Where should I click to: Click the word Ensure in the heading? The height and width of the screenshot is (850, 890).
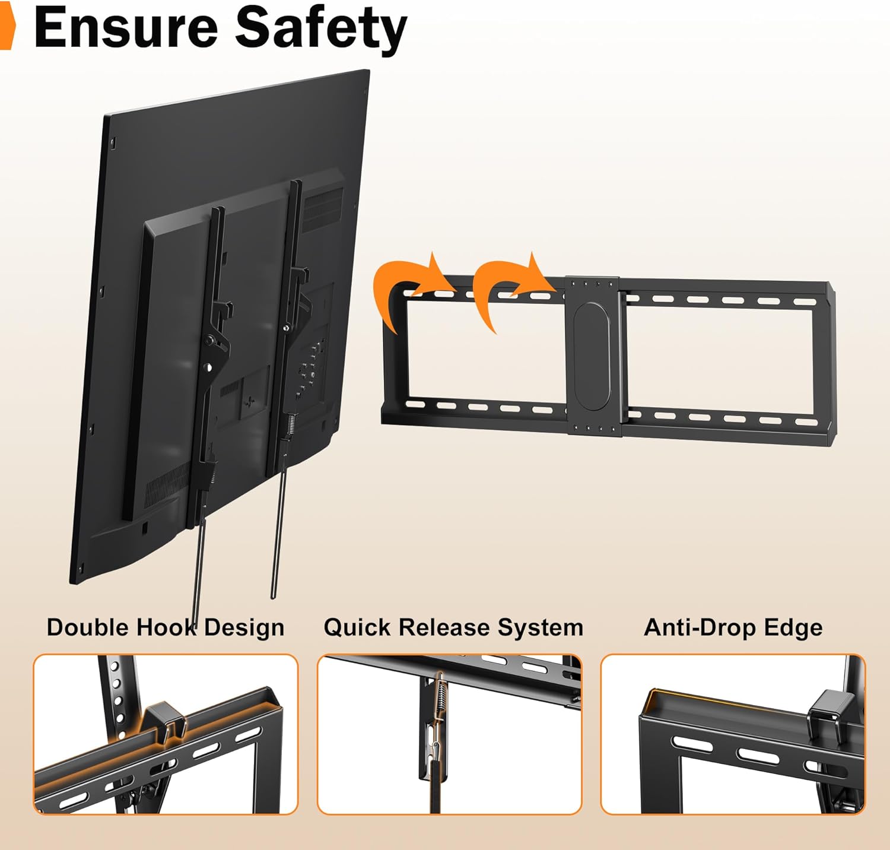coord(126,27)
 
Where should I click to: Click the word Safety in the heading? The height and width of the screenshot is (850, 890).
coord(321,30)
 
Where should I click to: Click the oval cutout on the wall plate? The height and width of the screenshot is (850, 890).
coord(592,356)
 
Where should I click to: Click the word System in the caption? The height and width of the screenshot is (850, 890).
coord(541,628)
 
